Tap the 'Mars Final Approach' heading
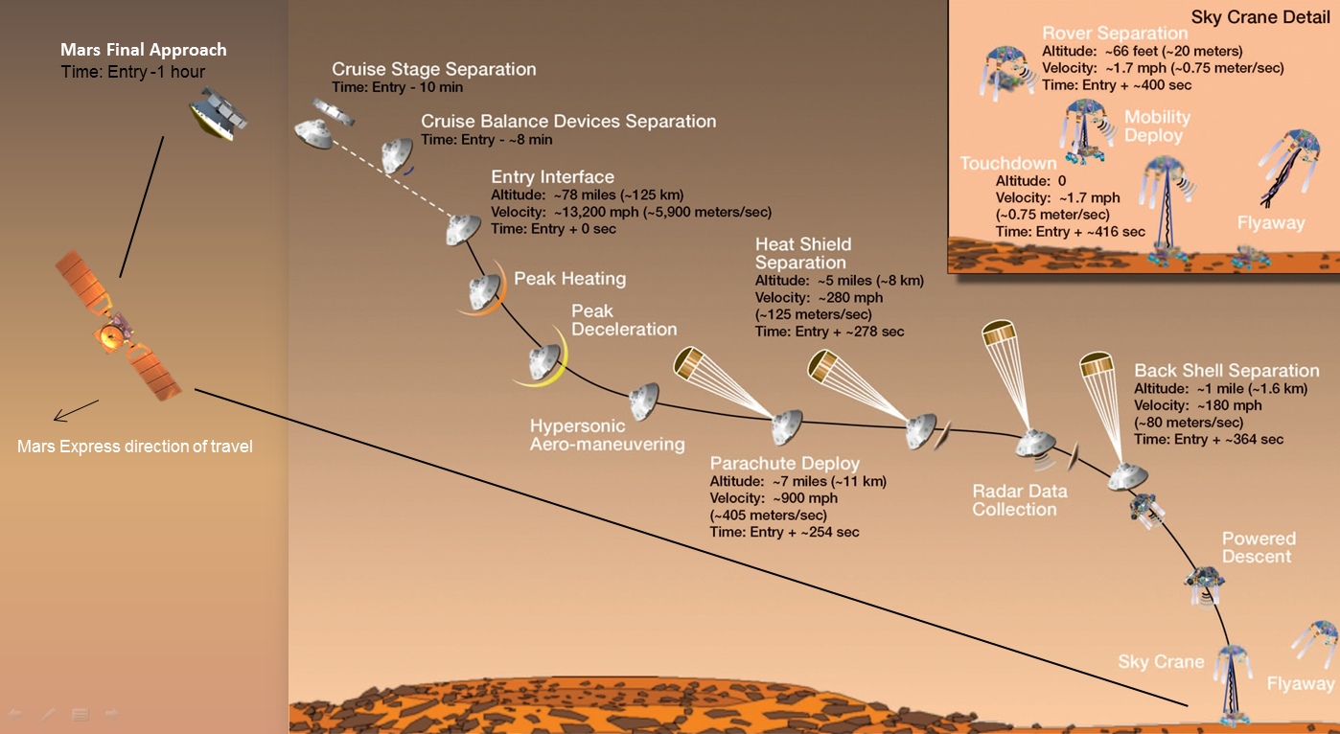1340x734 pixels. point(144,50)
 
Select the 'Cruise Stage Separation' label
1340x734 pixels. point(433,69)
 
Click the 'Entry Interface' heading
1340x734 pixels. point(552,176)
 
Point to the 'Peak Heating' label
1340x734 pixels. point(569,278)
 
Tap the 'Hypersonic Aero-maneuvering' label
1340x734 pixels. point(607,435)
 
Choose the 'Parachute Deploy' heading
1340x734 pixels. point(784,463)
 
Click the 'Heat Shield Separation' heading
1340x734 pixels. point(803,253)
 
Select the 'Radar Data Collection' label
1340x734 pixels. point(1019,500)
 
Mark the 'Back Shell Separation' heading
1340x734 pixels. point(1226,370)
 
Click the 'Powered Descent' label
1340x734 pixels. point(1258,547)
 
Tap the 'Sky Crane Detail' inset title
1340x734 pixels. point(1259,16)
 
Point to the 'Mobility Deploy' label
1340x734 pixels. point(1157,126)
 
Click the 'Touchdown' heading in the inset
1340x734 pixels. point(1008,163)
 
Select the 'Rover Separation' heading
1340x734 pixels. point(1115,33)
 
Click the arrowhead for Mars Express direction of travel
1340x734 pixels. point(58,417)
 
